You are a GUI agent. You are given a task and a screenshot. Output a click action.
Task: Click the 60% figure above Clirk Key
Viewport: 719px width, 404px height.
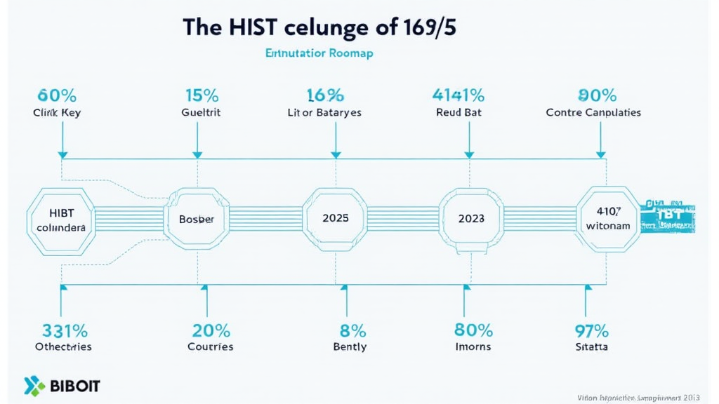coord(58,95)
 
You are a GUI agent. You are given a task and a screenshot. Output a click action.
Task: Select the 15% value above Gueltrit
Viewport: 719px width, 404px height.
coord(202,95)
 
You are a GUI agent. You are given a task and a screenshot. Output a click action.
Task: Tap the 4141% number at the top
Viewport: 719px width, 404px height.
coord(458,95)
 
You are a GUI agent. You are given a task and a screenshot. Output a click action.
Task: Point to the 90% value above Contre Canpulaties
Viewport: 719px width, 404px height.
coord(597,95)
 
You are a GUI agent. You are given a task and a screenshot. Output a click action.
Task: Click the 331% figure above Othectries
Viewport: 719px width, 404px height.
coord(64,330)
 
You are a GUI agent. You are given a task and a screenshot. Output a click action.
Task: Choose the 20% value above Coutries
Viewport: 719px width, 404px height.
coord(210,330)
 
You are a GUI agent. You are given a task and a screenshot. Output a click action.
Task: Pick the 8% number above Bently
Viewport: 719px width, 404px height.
coord(349,330)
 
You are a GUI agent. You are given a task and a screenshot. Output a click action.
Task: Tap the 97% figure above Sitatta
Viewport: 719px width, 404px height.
coord(591,330)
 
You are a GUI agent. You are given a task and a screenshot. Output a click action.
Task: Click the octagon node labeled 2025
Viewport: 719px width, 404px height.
coord(335,218)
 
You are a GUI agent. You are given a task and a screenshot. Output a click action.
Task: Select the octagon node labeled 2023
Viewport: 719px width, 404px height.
coord(471,218)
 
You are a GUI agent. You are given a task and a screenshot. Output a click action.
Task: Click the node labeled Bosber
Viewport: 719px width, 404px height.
coord(197,218)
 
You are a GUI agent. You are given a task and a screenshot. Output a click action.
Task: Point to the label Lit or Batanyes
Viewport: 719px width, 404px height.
coord(324,112)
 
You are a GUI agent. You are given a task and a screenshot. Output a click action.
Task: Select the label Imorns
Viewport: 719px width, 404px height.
coord(473,346)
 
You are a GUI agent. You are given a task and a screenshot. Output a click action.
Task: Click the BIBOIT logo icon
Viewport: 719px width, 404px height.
coord(33,386)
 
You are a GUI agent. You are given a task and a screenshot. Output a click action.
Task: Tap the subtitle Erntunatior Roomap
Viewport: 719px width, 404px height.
coord(319,53)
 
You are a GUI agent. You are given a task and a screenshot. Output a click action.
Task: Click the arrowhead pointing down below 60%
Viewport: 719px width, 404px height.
coord(62,153)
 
